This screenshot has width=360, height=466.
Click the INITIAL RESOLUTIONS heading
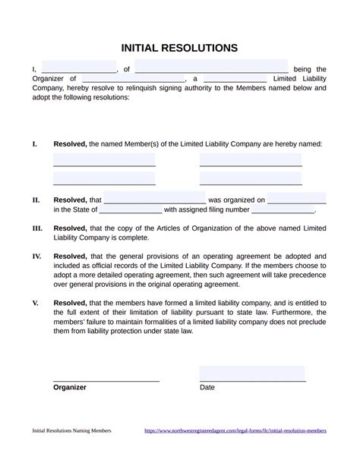[179, 48]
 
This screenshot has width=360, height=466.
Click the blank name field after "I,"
[79, 67]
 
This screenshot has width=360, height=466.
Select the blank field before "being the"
[211, 67]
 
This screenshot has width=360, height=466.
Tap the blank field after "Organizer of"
[133, 78]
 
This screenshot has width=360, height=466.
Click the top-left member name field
[104, 159]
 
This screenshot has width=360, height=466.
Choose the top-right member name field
[251, 159]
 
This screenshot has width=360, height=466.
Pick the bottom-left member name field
[104, 178]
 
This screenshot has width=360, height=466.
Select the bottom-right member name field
[251, 178]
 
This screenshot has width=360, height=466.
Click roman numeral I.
[34, 143]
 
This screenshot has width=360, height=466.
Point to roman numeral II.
[36, 200]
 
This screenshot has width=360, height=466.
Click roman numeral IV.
[36, 257]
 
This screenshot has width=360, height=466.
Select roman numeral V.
[35, 302]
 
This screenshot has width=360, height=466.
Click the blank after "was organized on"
[297, 200]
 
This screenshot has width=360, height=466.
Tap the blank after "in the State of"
[131, 209]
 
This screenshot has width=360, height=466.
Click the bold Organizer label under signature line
[70, 387]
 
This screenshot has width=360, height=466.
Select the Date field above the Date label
[252, 373]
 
